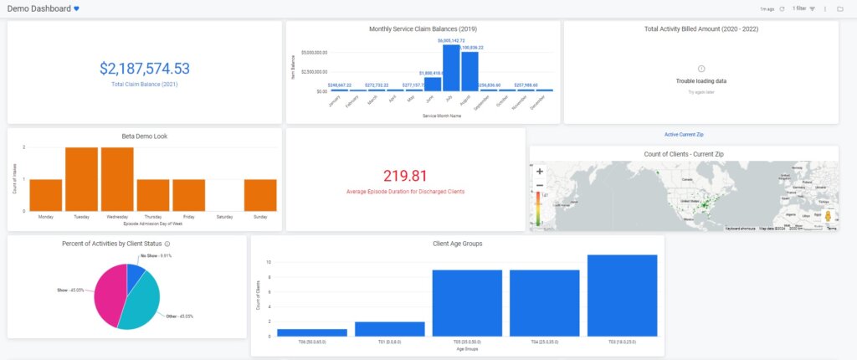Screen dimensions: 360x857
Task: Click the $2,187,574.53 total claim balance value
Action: [144, 69]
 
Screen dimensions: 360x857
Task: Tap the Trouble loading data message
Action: [700, 81]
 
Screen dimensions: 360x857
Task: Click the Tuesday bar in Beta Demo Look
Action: [81, 179]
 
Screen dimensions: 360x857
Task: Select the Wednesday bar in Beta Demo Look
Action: [117, 179]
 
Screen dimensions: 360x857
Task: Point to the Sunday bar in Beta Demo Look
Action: [260, 195]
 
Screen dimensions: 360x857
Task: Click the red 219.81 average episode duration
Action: [405, 176]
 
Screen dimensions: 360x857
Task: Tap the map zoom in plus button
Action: [540, 171]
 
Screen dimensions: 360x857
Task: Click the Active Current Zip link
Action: [684, 134]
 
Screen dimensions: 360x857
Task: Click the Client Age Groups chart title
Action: [457, 243]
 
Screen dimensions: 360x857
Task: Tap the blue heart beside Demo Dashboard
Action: [76, 8]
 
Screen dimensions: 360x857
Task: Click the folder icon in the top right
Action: [839, 8]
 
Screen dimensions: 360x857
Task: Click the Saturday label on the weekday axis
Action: [224, 216]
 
